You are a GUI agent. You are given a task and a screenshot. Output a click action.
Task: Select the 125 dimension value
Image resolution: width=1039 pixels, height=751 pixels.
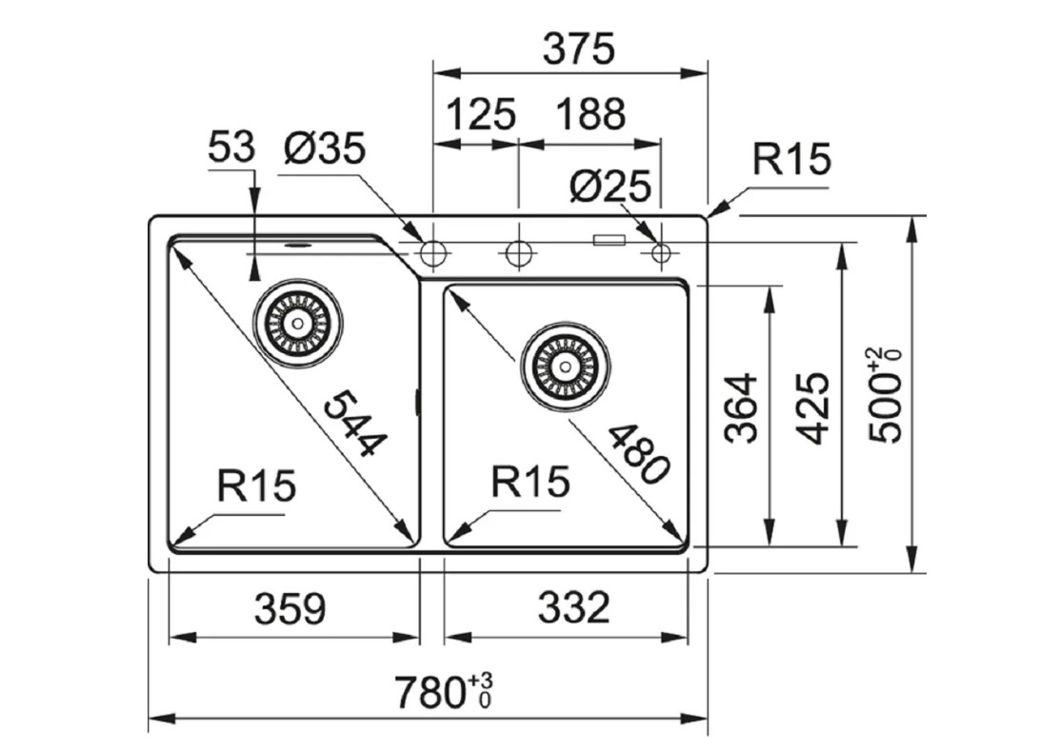480,115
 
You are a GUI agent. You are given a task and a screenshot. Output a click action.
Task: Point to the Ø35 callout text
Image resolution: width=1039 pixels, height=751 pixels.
324,148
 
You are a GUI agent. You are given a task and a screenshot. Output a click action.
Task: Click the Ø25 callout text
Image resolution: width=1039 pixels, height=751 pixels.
609,186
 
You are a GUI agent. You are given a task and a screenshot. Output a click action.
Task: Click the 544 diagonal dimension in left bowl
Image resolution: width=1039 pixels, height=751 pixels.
355,424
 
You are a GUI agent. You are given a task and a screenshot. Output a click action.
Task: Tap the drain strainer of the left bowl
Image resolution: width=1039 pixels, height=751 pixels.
297,322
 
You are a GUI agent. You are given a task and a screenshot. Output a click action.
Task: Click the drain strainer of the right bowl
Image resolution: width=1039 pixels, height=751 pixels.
565,365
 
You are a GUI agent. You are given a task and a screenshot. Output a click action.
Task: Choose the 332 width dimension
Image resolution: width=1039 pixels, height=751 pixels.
573,607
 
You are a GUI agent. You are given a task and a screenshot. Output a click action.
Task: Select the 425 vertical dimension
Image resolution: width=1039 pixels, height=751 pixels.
812,407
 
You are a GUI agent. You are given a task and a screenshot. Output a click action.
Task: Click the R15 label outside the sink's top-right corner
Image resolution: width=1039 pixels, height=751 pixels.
790,160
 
